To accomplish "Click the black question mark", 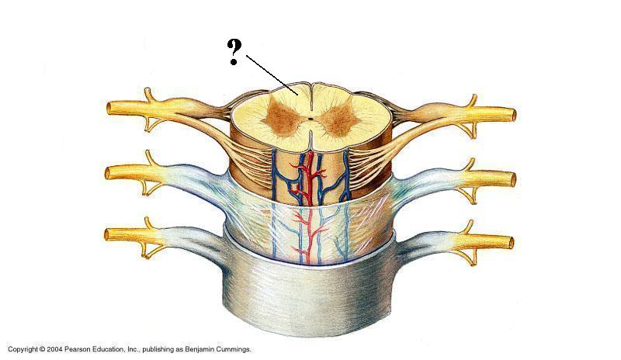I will point(234,52).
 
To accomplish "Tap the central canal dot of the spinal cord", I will point(310,120).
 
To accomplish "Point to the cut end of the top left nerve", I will point(109,106).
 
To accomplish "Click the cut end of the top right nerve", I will point(512,116).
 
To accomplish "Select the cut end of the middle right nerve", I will point(512,178).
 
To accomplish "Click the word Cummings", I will point(238,350).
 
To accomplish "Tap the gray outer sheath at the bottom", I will point(310,299).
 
